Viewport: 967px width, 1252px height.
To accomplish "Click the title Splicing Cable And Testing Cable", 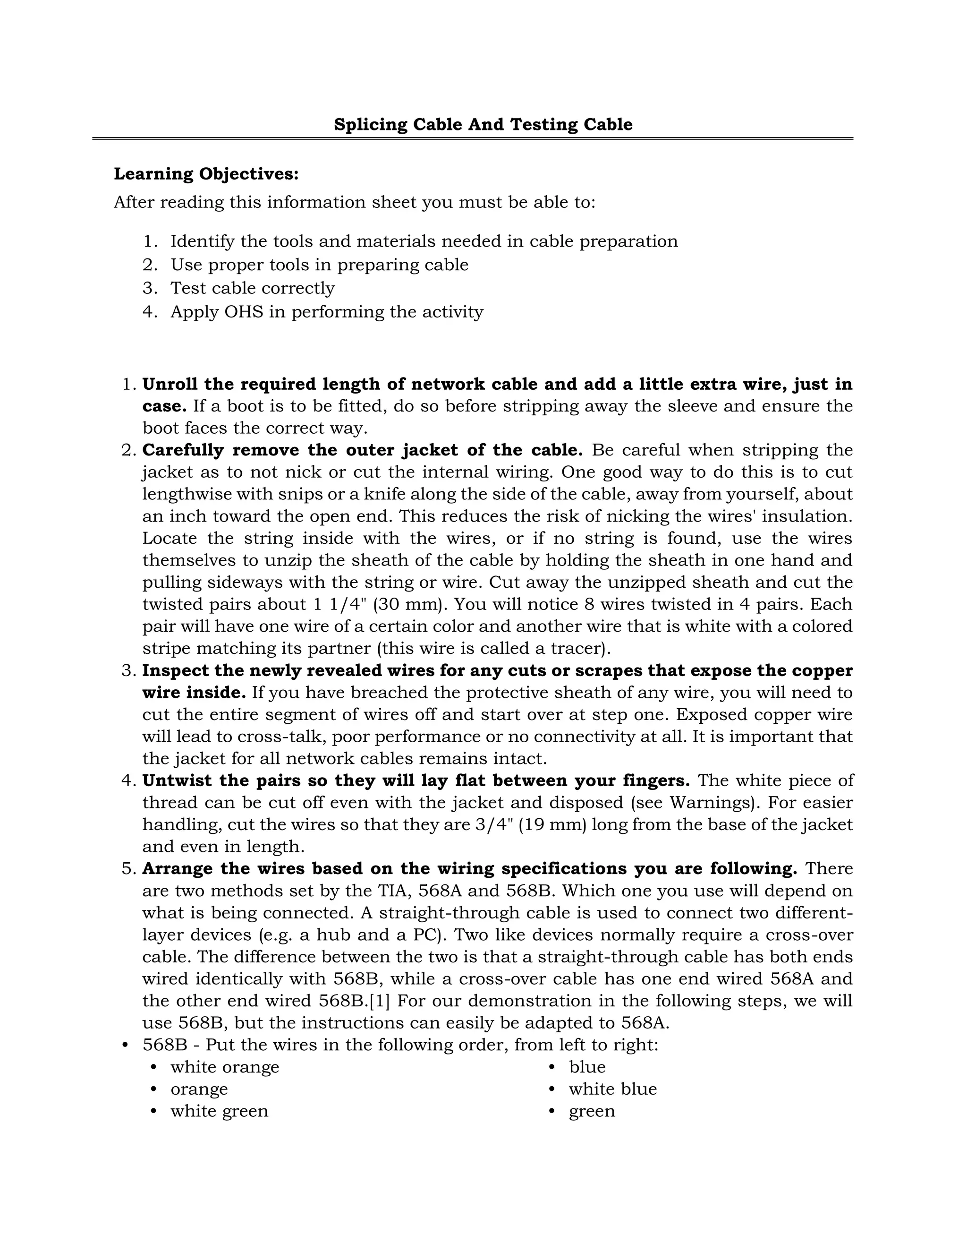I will (x=483, y=124).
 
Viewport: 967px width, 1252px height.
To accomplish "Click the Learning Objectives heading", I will (x=206, y=174).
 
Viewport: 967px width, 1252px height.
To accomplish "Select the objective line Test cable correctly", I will (x=252, y=288).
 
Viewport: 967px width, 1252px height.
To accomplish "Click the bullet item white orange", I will (x=225, y=1067).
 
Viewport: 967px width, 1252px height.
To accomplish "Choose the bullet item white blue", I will (x=612, y=1089).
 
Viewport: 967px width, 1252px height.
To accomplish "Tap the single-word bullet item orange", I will (x=199, y=1089).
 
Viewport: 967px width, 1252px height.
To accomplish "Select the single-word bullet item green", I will (x=591, y=1112).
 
